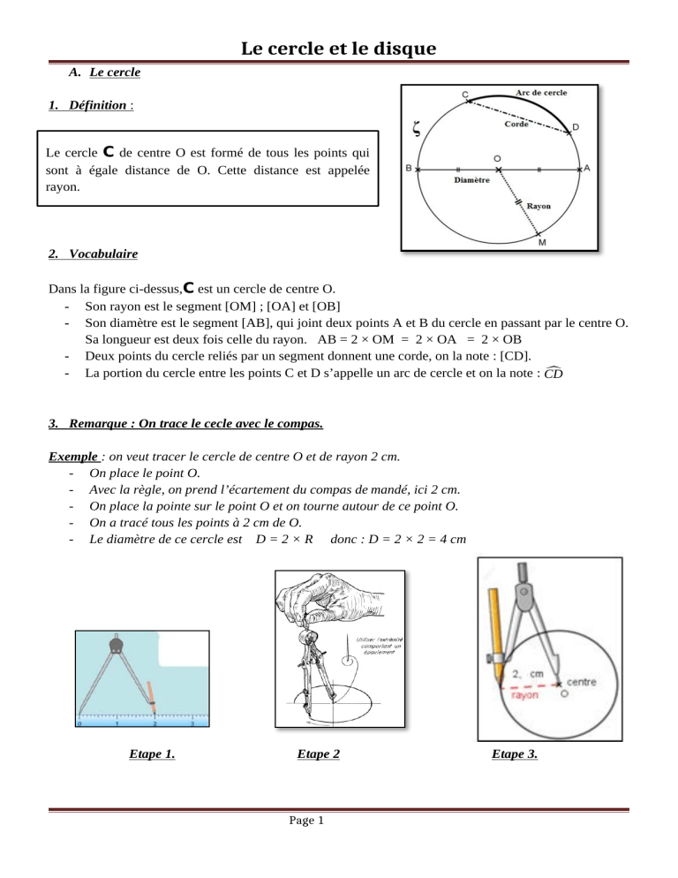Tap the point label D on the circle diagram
pos(576,127)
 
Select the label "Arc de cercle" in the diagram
pos(541,91)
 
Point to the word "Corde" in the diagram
pos(516,125)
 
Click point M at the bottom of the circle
pos(540,243)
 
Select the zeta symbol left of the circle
pos(418,130)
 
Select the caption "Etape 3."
pos(514,753)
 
